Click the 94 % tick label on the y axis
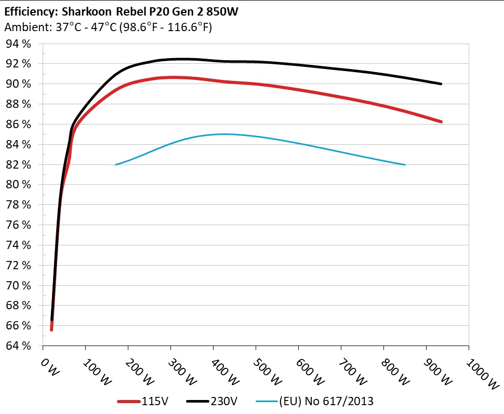(19, 44)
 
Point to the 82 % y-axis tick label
(19, 165)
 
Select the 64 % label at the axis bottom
(19, 346)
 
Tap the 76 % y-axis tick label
(19, 225)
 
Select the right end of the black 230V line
(441, 84)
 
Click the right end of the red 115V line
(441, 121)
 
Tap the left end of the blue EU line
(115, 164)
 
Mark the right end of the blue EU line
(405, 164)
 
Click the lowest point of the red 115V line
(51, 329)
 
